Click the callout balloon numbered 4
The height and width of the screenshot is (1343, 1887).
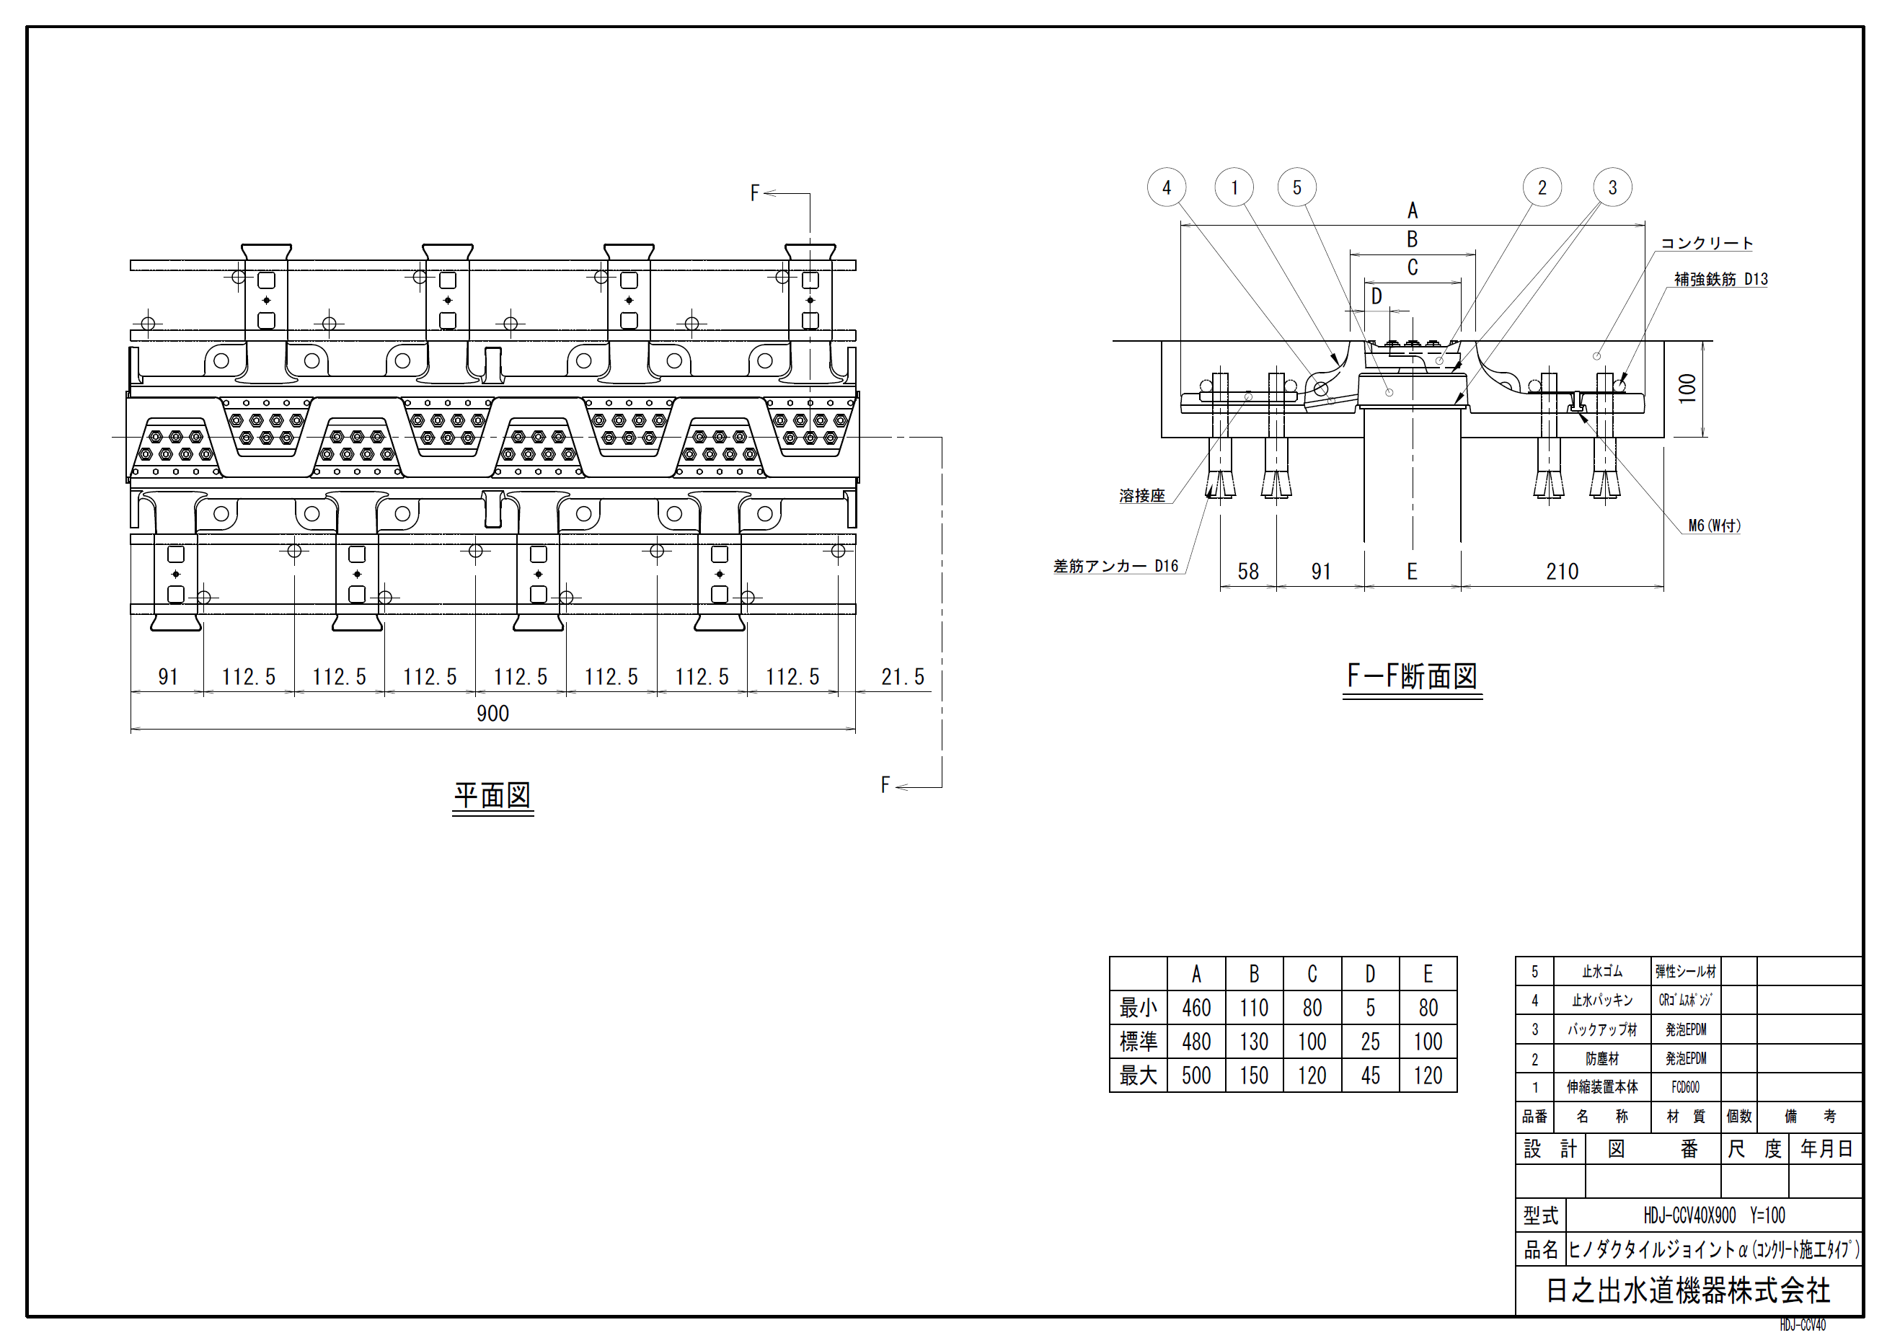point(1167,187)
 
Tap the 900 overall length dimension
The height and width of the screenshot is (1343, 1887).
point(492,714)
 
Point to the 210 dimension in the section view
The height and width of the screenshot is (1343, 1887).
point(1562,572)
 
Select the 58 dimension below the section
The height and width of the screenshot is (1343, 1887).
point(1247,572)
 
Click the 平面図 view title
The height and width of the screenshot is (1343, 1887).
point(492,796)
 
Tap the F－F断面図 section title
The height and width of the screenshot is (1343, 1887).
point(1411,676)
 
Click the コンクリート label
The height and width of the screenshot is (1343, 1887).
point(1707,243)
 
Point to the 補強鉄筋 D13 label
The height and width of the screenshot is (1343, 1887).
point(1720,280)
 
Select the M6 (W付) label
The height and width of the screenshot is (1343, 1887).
point(1714,526)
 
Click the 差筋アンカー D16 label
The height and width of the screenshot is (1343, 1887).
point(1115,567)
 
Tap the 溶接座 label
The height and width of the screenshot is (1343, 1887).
point(1141,496)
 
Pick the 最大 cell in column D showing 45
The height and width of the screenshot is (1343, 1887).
point(1370,1076)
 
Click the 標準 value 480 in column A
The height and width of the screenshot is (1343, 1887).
point(1196,1042)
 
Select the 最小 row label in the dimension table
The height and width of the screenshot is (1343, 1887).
point(1139,1008)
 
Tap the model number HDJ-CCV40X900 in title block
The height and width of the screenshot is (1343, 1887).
point(1689,1215)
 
